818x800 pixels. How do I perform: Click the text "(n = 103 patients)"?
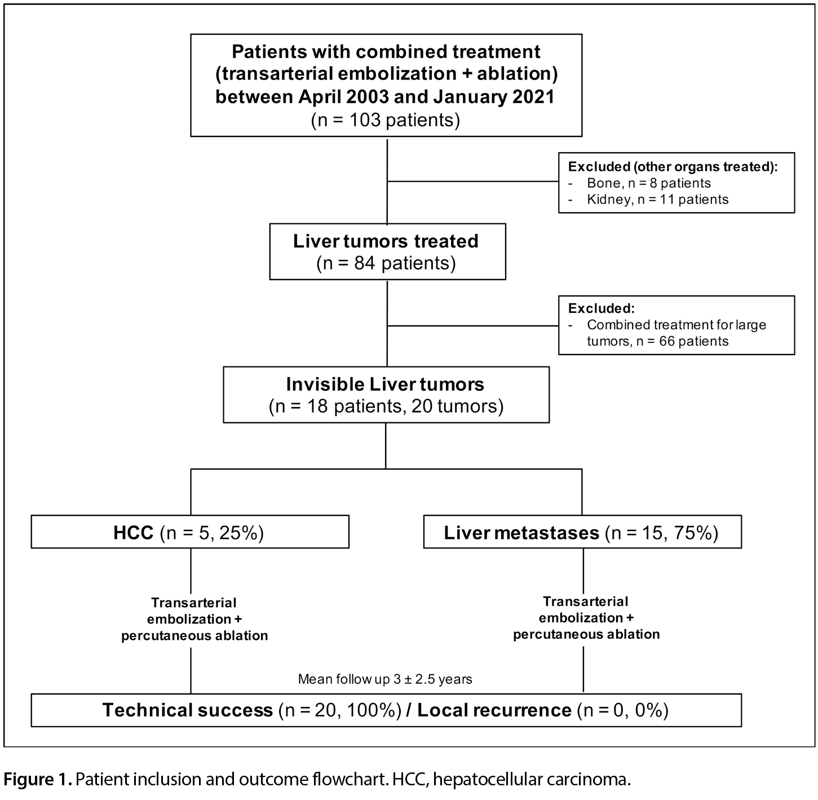coord(386,120)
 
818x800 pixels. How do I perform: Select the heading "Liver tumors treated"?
coord(386,241)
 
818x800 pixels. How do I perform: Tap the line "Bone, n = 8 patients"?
coord(649,183)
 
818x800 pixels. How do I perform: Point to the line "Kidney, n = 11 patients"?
coord(657,199)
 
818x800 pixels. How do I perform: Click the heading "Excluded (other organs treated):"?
coord(673,167)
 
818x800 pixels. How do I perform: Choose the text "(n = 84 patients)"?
coord(386,264)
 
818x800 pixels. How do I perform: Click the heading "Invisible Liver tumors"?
coord(385,384)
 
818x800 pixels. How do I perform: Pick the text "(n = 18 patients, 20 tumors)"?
coord(386,406)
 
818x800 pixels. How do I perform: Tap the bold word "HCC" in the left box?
coord(133,533)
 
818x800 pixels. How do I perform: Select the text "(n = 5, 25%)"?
coord(212,533)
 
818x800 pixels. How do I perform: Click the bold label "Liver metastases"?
coord(521,533)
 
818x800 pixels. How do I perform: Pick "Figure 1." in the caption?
coord(38,779)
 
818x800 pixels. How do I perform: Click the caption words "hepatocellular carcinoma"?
coord(531,780)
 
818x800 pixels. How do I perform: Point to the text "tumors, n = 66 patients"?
coord(657,341)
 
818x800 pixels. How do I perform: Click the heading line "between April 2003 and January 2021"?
coord(385,97)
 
